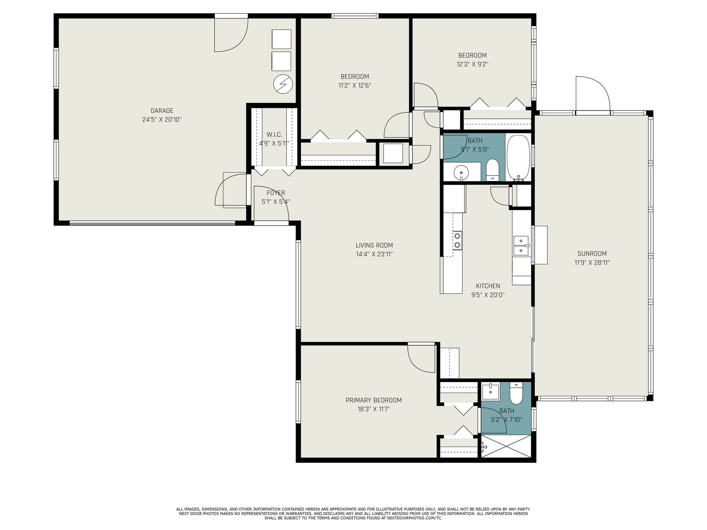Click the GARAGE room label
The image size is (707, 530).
click(162, 111)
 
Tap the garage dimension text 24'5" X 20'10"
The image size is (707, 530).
click(162, 120)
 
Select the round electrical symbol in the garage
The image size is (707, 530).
click(283, 84)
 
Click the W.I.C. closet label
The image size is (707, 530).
click(274, 135)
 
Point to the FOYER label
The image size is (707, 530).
click(276, 193)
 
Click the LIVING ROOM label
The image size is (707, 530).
click(374, 245)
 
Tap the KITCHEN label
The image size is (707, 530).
click(488, 286)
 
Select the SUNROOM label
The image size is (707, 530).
click(592, 254)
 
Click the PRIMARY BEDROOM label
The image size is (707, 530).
click(374, 400)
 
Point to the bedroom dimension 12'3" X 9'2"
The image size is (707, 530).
click(472, 64)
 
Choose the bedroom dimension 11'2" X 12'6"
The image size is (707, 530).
click(355, 85)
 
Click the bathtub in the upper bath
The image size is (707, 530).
click(518, 158)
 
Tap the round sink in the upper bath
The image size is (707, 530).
click(461, 173)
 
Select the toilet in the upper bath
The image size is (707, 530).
click(492, 170)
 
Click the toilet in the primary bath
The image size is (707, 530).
click(516, 394)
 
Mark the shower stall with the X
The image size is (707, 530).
click(506, 446)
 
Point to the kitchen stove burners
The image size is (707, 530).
click(457, 241)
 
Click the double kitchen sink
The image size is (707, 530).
click(521, 246)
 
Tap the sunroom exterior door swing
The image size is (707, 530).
click(593, 95)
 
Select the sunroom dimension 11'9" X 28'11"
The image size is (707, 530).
click(592, 263)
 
